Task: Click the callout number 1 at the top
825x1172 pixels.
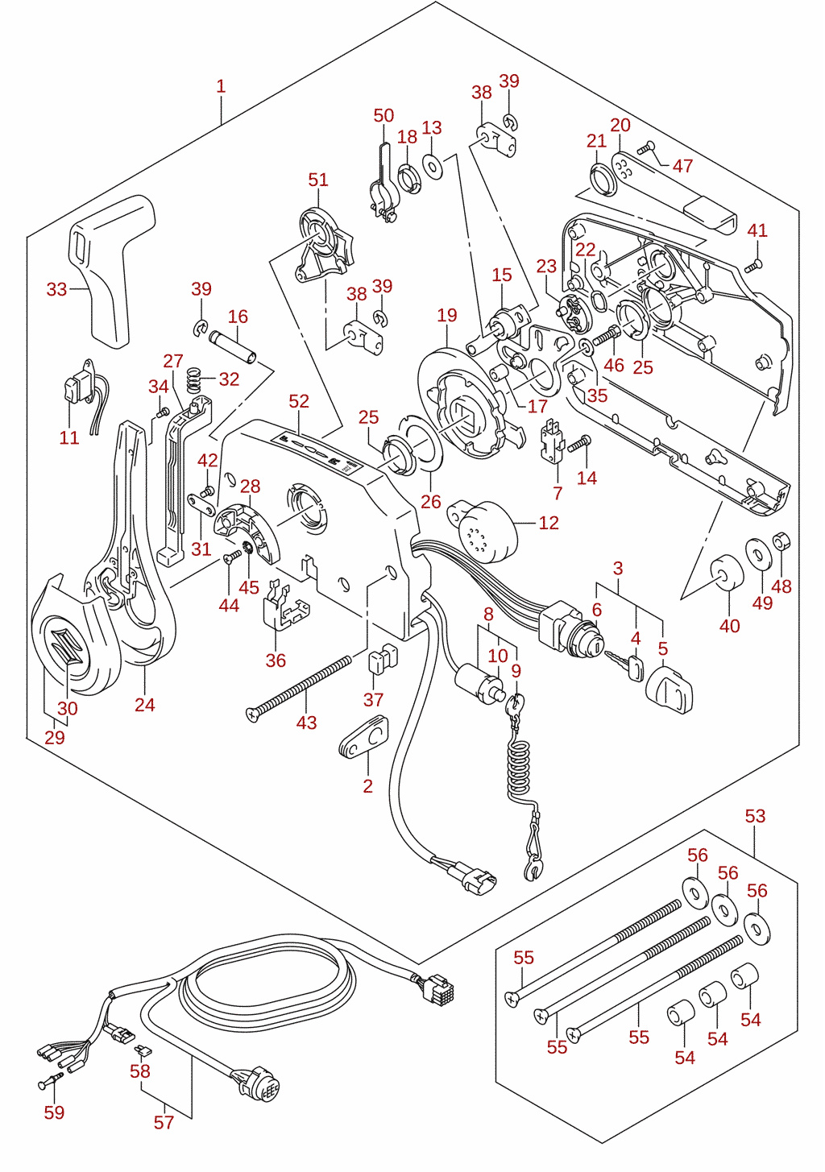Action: pos(221,86)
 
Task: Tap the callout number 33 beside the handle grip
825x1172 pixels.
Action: pos(56,289)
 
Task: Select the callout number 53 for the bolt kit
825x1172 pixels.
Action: pos(755,816)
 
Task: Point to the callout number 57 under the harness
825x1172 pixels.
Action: pos(164,1123)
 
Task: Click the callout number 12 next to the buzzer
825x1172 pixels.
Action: pos(549,523)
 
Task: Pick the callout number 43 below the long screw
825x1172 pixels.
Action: pos(306,723)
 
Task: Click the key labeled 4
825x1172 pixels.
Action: pos(624,665)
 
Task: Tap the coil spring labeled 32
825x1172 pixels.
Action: pos(194,379)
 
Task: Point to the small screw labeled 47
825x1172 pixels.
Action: pos(646,148)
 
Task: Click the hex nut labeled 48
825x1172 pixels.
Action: pos(781,541)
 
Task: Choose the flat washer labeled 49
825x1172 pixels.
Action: pos(758,553)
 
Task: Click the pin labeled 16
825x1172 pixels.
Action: pos(233,347)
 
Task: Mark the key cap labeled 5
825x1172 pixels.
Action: pos(670,689)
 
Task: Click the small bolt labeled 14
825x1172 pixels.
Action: pos(579,444)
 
